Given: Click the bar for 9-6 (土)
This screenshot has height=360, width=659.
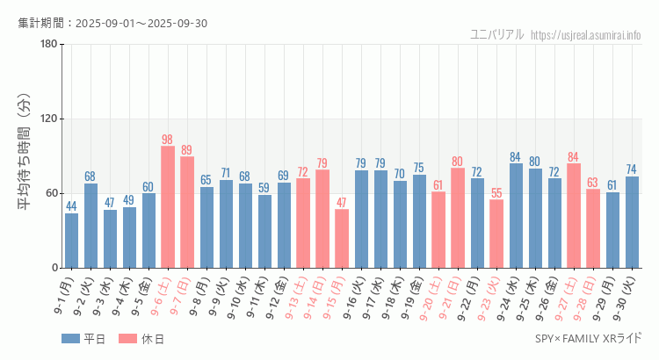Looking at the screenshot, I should click(x=168, y=207).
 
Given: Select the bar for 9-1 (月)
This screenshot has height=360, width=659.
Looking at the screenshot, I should click(x=71, y=241).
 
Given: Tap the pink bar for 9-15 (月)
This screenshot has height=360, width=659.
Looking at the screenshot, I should click(x=342, y=239).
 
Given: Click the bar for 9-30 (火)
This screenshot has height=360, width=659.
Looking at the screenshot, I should click(x=632, y=222).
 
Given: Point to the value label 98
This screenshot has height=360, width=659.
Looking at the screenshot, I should click(x=168, y=140).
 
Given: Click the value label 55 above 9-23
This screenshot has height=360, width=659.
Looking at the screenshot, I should click(x=496, y=193).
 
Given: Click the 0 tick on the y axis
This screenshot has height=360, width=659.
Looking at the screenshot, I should click(x=54, y=268).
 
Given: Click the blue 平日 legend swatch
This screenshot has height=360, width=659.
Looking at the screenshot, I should click(x=71, y=339).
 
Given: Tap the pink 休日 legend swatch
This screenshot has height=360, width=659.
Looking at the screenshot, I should click(x=127, y=339).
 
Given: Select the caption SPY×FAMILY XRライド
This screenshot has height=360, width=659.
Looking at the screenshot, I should click(x=588, y=339).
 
